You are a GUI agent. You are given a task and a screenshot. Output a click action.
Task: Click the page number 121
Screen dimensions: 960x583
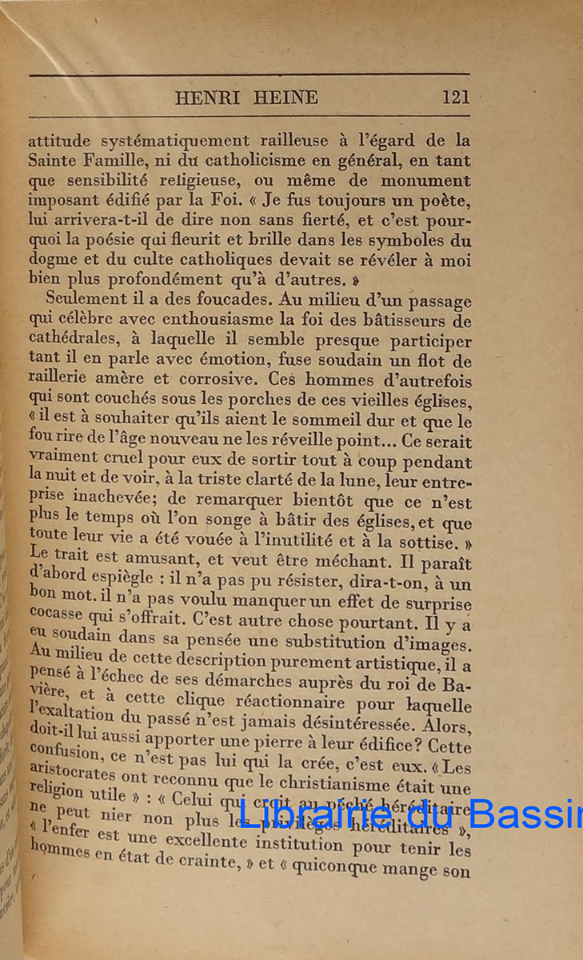[455, 98]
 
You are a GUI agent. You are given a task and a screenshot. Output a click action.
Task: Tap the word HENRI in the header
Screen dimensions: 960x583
[202, 98]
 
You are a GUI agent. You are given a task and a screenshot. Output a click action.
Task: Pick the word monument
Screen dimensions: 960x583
[425, 181]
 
